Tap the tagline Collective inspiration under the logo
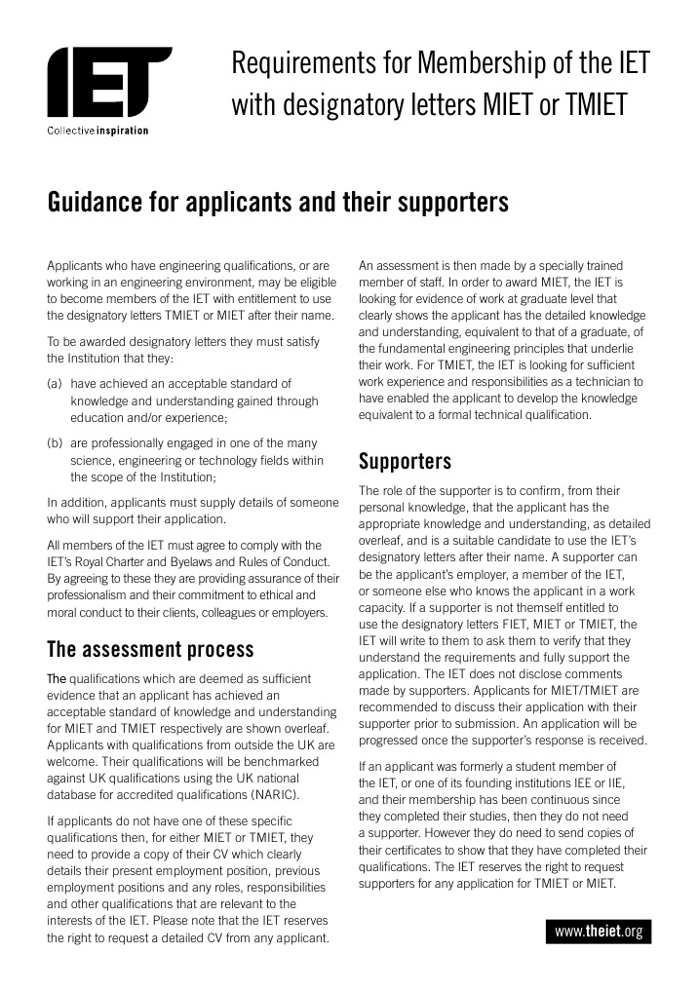click(97, 132)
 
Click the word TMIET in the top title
click(589, 104)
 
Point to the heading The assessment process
click(150, 649)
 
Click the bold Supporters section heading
click(405, 460)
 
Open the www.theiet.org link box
click(599, 932)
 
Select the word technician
click(599, 382)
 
